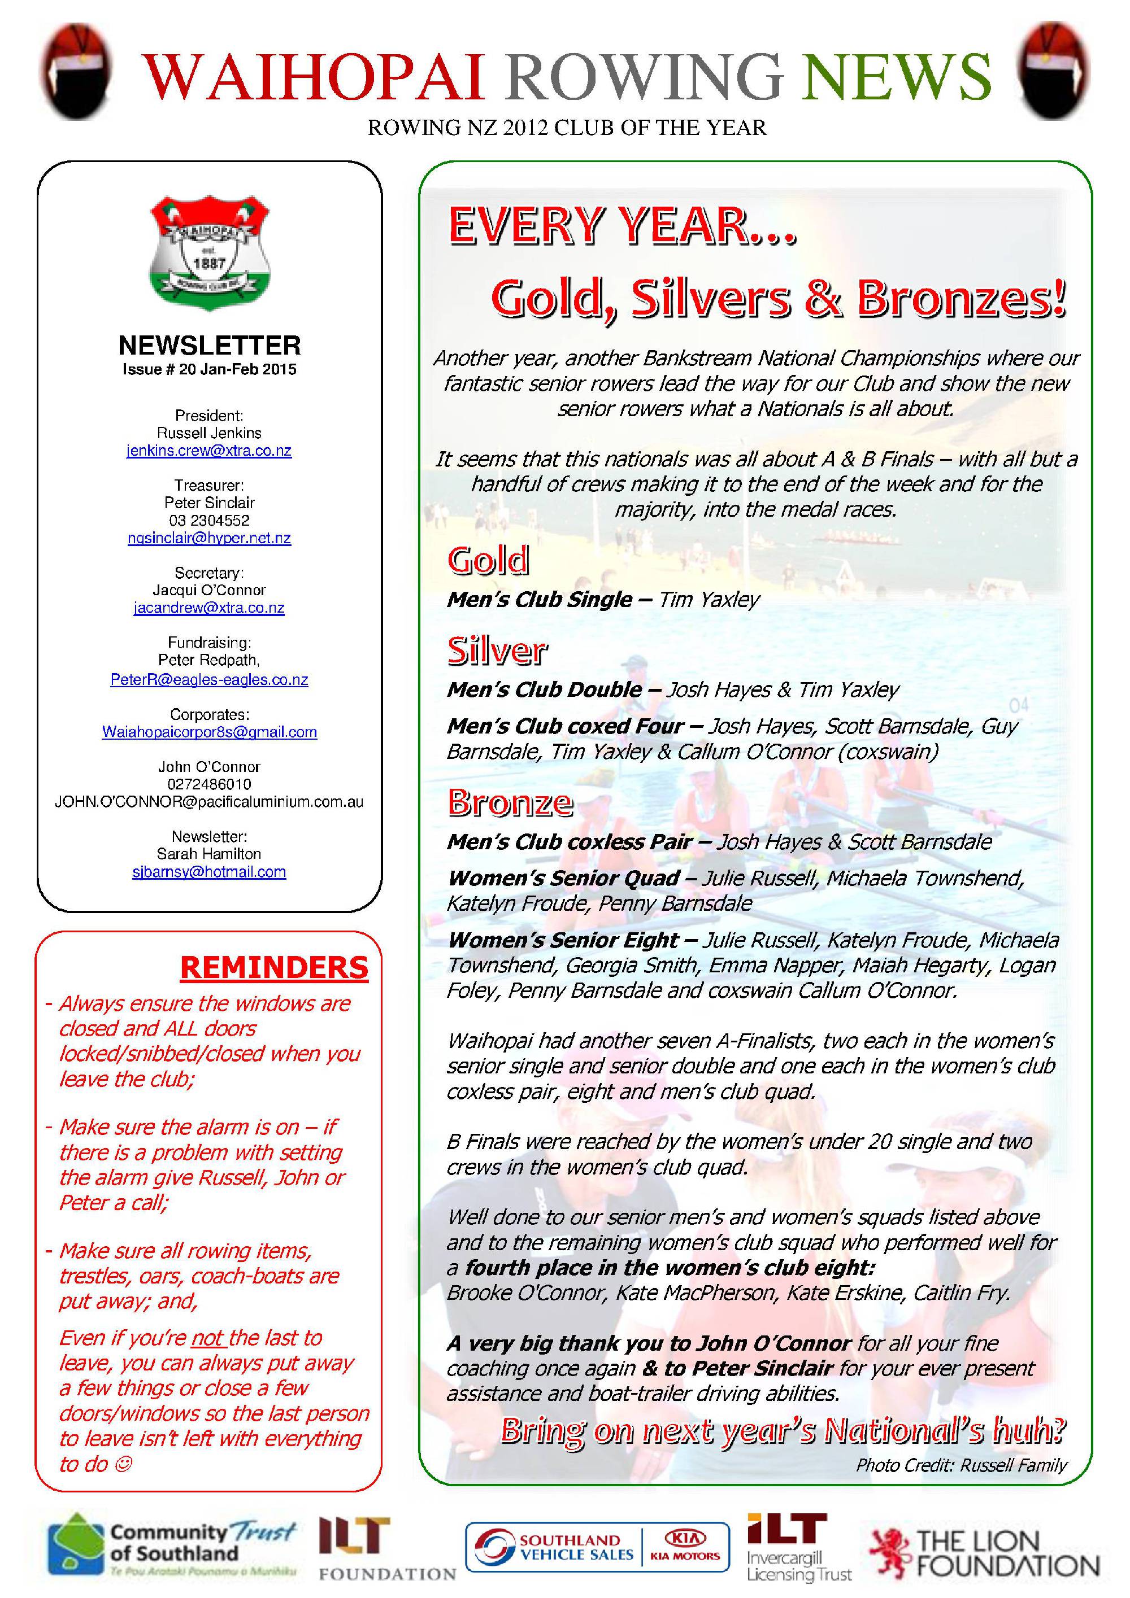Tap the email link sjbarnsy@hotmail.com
coord(209,871)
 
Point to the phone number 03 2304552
coord(209,520)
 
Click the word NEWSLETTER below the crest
coord(210,345)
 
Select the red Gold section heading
coord(488,560)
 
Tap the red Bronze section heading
coord(510,802)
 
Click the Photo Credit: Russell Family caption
coord(961,1465)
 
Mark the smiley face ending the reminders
coord(123,1464)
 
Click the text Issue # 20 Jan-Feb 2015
coord(210,369)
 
